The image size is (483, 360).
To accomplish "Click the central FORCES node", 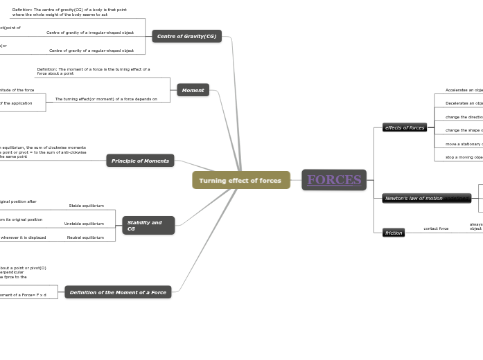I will click(x=334, y=180).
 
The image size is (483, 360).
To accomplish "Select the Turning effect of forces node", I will click(x=240, y=181).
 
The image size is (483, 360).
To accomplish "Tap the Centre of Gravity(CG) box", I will click(x=186, y=36).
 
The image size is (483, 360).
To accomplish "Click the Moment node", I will click(x=193, y=90).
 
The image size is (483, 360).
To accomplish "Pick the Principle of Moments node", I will click(x=140, y=161).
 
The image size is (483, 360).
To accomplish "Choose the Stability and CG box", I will click(x=148, y=226).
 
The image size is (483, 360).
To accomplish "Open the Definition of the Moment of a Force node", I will click(x=118, y=292).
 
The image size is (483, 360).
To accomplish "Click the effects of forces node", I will click(x=405, y=127).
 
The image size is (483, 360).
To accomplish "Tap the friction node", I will click(x=394, y=233).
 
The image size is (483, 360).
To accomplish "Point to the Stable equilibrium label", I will click(x=86, y=206).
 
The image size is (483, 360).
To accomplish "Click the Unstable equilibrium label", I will click(x=84, y=224).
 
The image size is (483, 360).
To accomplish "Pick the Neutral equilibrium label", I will click(x=85, y=237).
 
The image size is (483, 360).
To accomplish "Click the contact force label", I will click(x=436, y=228).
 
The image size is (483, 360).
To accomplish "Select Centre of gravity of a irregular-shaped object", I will click(x=90, y=33).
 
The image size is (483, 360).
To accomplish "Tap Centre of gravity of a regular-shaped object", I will click(x=91, y=51).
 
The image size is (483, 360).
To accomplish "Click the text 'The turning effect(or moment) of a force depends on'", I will click(x=106, y=99).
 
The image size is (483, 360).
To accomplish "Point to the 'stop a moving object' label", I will click(x=464, y=157).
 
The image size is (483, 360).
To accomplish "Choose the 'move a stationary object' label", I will click(x=464, y=144).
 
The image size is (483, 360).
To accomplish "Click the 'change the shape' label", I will click(x=464, y=130).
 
